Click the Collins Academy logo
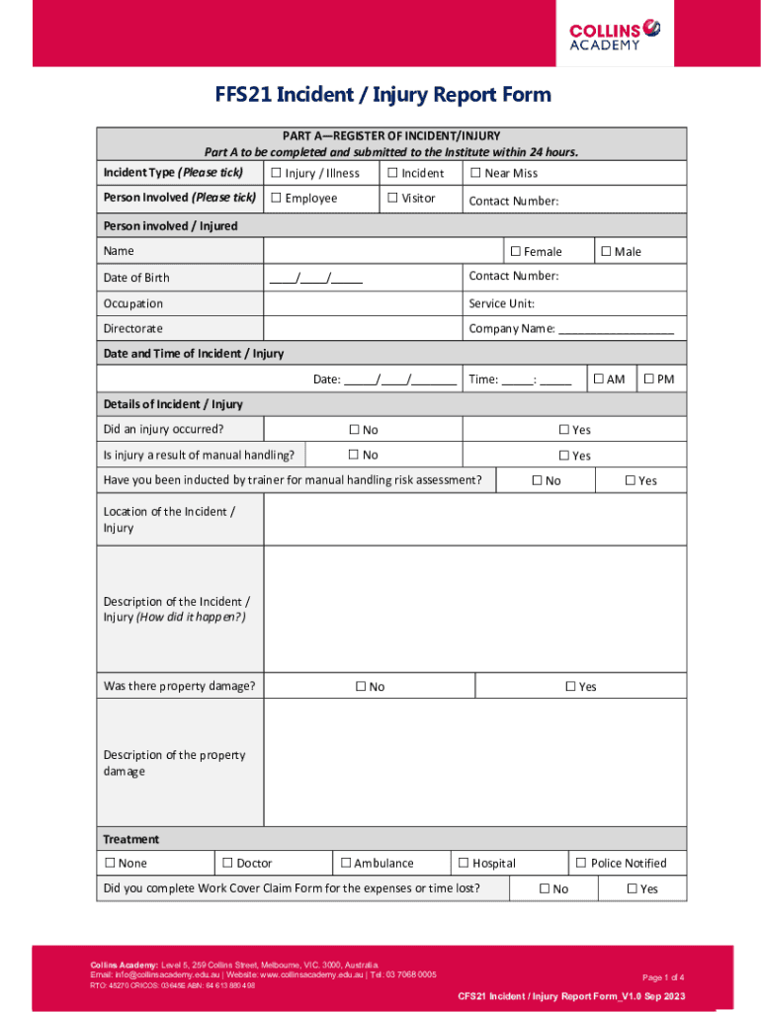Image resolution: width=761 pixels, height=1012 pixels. point(614,34)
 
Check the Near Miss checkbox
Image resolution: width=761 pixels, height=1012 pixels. point(475,173)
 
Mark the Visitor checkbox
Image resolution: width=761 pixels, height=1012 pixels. point(392,198)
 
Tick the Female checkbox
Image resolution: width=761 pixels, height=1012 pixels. point(515,251)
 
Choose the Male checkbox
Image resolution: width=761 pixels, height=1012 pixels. point(606,251)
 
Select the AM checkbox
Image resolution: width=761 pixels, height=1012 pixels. point(597,379)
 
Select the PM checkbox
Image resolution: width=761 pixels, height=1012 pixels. point(648,379)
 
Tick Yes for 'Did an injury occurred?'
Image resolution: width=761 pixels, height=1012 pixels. point(564,430)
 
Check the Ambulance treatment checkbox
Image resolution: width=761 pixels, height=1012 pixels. point(346,863)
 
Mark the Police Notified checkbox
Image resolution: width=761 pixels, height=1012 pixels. point(581,863)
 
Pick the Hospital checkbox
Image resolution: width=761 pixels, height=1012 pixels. point(464,863)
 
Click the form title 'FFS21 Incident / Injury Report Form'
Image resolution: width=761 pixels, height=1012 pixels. point(383,95)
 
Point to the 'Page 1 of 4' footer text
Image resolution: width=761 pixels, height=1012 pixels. point(670,976)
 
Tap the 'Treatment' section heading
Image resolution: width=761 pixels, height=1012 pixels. point(130,839)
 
